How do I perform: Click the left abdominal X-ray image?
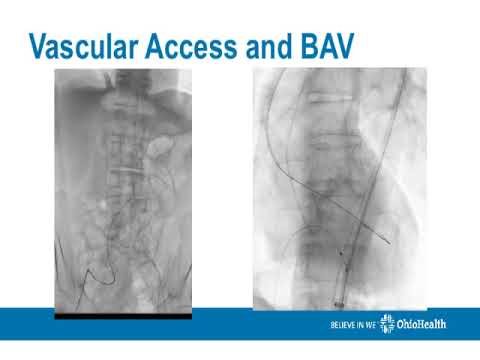point(121,190)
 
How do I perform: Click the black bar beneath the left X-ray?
point(121,315)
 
